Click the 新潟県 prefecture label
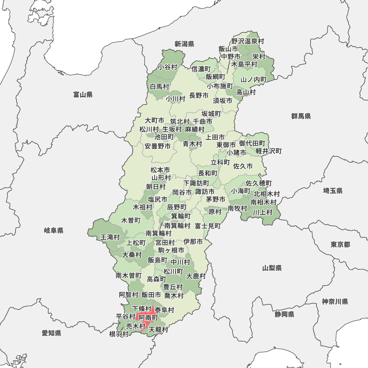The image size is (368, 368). click(184, 44)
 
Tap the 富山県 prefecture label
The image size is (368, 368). click(83, 95)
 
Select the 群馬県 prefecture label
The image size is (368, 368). click(301, 116)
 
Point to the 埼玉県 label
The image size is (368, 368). click(333, 191)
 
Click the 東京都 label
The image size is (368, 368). click(340, 245)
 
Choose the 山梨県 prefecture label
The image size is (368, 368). click(272, 268)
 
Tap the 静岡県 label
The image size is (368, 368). click(284, 314)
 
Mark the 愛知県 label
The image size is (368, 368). click(52, 333)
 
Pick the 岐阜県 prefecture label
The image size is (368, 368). click(54, 231)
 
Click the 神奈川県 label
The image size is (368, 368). click(335, 302)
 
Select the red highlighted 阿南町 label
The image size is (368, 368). click(148, 317)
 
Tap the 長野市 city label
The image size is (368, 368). click(199, 96)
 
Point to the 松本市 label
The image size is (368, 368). click(160, 170)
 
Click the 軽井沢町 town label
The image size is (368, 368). click(269, 151)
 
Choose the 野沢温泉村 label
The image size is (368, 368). click(248, 42)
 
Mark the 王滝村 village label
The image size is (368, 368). click(110, 237)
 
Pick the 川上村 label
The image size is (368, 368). click(263, 212)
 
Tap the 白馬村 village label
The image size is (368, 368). click(160, 87)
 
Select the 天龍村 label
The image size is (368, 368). click(158, 330)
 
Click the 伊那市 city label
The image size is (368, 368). click(193, 242)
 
